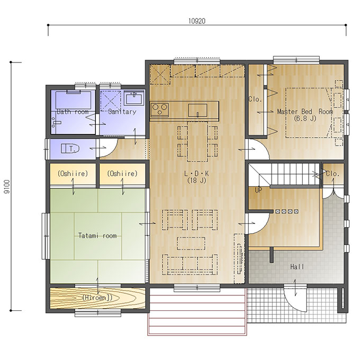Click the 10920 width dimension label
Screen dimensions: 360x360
[197, 21]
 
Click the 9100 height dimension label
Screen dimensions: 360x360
[7, 186]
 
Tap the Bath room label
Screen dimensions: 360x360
[73, 112]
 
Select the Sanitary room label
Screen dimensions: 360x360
[122, 112]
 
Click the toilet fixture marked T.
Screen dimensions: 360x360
[70, 149]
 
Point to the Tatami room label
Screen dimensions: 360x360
[97, 236]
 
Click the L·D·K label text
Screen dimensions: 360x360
[196, 173]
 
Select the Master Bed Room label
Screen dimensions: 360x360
[305, 112]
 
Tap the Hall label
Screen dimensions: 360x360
[297, 267]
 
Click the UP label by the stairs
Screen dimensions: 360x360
[258, 190]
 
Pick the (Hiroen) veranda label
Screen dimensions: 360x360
[97, 298]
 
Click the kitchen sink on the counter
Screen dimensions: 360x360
[197, 110]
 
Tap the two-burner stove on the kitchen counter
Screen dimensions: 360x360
[159, 110]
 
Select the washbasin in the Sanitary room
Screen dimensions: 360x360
[134, 98]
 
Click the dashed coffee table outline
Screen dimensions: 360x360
[191, 244]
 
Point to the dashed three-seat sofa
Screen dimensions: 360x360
[190, 264]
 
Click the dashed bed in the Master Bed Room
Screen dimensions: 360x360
[309, 113]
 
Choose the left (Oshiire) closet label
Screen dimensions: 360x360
[73, 173]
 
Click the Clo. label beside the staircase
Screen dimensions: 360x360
[332, 174]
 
